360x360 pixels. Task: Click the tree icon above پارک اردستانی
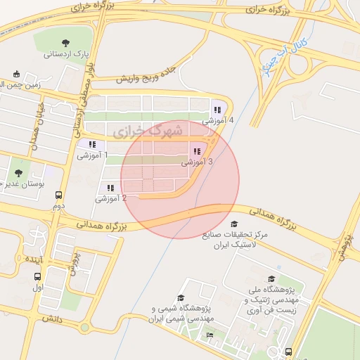[66, 43]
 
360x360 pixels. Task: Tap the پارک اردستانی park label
[65, 54]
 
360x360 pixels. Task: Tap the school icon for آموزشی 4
[217, 110]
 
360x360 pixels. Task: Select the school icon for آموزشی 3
[198, 151]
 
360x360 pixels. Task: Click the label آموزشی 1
[91, 154]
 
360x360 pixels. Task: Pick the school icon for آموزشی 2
[110, 188]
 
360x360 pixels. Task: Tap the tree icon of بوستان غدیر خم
[18, 172]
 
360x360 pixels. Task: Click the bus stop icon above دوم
[58, 197]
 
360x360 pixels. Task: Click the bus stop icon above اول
[37, 276]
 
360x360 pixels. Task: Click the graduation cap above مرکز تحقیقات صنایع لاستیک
[233, 224]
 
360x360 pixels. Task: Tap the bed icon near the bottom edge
[210, 335]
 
